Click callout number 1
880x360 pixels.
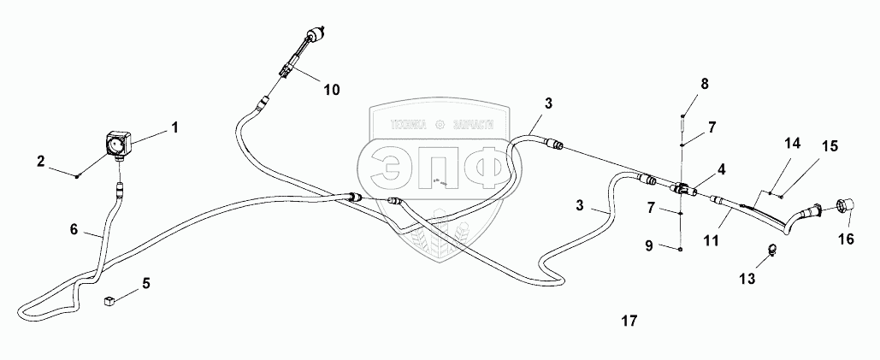174,128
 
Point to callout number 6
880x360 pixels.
74,229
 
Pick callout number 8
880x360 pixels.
705,84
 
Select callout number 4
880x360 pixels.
722,169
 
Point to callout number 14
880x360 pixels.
793,145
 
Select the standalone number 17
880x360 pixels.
629,322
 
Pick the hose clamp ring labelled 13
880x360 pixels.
772,250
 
